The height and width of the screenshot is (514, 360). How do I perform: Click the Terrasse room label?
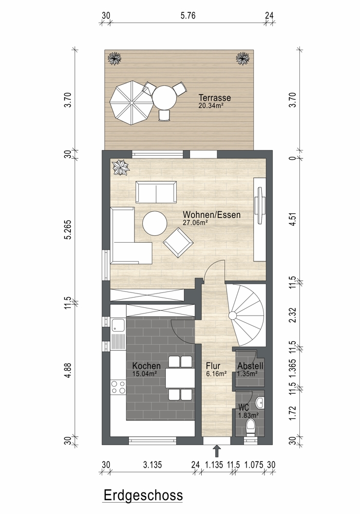pos(215,98)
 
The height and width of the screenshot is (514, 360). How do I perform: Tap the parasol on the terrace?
pos(131,103)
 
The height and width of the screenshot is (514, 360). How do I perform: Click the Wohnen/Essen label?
pos(212,215)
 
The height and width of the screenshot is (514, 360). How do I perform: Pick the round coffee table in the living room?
pos(155,223)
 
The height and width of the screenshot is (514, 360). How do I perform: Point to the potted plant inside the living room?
pos(121,168)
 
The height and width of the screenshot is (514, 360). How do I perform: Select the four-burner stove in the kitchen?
pos(118,387)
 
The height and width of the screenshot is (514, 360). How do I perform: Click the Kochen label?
pos(146,366)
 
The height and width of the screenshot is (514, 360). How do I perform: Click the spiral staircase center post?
pos(232,316)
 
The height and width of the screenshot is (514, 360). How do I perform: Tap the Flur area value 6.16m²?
pos(216,373)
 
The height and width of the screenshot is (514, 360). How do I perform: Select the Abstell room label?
pos(250,366)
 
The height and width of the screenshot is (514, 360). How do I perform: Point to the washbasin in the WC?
pos(260,403)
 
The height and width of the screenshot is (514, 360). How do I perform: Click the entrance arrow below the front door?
pos(216,451)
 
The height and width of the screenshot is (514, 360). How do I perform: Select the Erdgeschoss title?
pos(143,495)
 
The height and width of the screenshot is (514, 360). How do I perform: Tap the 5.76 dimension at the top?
pos(188,15)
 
